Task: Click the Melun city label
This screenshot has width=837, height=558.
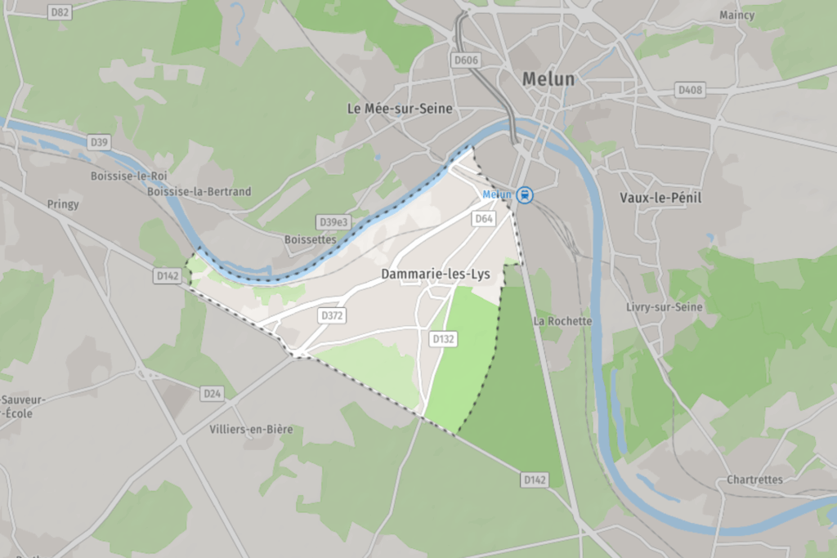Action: pyautogui.click(x=548, y=79)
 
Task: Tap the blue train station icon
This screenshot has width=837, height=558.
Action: pyautogui.click(x=526, y=194)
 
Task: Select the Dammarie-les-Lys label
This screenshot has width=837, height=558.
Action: pyautogui.click(x=436, y=275)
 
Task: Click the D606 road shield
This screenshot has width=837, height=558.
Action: pyautogui.click(x=465, y=59)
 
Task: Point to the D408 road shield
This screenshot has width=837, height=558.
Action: pyautogui.click(x=690, y=90)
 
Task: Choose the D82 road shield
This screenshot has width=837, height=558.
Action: pyautogui.click(x=60, y=11)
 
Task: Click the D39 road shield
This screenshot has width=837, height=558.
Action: pyautogui.click(x=99, y=142)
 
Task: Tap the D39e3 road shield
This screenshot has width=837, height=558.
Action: pyautogui.click(x=333, y=222)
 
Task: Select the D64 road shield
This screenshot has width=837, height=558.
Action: pyautogui.click(x=484, y=219)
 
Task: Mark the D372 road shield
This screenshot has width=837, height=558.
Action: pyautogui.click(x=331, y=315)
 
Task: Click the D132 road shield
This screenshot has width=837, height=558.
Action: pyautogui.click(x=442, y=338)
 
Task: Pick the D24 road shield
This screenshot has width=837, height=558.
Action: pyautogui.click(x=213, y=394)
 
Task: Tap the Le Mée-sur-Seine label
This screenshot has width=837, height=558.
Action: pyautogui.click(x=399, y=108)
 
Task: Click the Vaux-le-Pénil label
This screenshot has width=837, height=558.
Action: pyautogui.click(x=660, y=198)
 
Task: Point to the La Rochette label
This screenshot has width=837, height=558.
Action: pyautogui.click(x=562, y=321)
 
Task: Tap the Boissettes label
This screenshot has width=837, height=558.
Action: pyautogui.click(x=310, y=240)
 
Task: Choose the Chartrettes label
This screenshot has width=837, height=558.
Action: pyautogui.click(x=754, y=480)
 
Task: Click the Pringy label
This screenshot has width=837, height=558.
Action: pyautogui.click(x=63, y=204)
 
